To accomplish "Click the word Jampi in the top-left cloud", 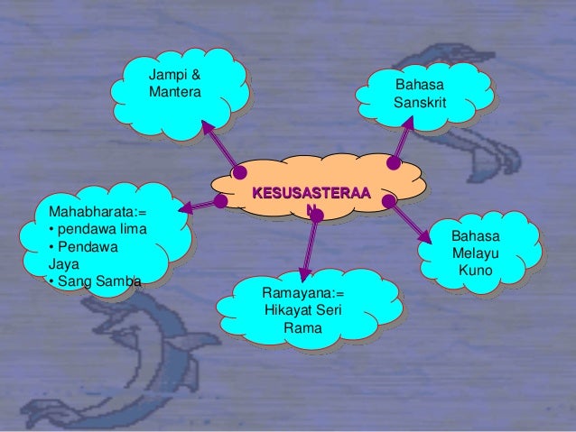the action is (x=167, y=75).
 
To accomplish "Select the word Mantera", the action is (x=175, y=92).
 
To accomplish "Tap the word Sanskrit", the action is (x=420, y=102).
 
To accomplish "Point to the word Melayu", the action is (x=476, y=253).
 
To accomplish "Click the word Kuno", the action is (x=476, y=271).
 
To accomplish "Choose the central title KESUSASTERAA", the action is (x=311, y=193).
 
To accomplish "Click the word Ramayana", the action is (x=297, y=293).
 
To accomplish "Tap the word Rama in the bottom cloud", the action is (x=303, y=327).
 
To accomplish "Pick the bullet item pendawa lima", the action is (x=102, y=229).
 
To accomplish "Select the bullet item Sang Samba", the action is (x=99, y=281).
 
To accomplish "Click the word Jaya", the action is (x=63, y=264).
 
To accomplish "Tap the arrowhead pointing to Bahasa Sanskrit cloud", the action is (x=408, y=122).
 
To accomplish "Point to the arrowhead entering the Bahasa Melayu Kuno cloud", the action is (x=425, y=236).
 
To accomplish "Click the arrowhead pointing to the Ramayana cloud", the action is (x=304, y=275).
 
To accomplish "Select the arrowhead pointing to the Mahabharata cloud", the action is (x=185, y=207).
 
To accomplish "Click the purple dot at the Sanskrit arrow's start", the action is (x=394, y=162).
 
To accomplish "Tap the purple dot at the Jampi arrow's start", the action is (x=239, y=172).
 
